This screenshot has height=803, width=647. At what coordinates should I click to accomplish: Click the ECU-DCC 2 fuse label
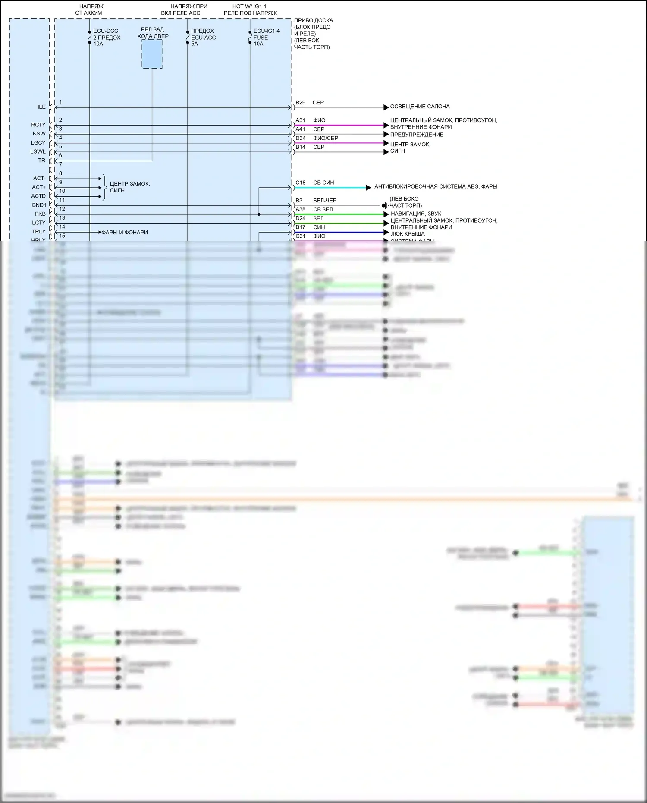pyautogui.click(x=107, y=38)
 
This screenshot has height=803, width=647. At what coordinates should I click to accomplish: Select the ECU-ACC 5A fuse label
pyautogui.click(x=203, y=38)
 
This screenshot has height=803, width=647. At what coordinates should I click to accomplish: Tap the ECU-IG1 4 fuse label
pyautogui.click(x=266, y=38)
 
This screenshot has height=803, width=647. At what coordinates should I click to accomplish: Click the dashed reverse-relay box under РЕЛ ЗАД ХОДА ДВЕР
pyautogui.click(x=152, y=54)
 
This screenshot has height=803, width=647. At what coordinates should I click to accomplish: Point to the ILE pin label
pyautogui.click(x=41, y=107)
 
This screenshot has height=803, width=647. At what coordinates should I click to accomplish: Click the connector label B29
pyautogui.click(x=300, y=103)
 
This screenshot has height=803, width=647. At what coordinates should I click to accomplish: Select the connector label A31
pyautogui.click(x=300, y=120)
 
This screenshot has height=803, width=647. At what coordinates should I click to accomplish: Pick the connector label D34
pyautogui.click(x=300, y=138)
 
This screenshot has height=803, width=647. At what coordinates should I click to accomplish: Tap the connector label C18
pyautogui.click(x=300, y=183)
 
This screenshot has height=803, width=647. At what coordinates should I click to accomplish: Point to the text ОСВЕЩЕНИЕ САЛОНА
pyautogui.click(x=420, y=107)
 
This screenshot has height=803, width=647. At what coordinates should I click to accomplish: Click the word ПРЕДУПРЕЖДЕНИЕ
pyautogui.click(x=417, y=135)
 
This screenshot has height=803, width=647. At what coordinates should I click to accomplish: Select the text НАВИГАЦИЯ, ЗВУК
pyautogui.click(x=416, y=214)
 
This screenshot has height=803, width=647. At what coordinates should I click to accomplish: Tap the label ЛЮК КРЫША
pyautogui.click(x=408, y=234)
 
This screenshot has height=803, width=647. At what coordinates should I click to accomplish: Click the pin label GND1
pyautogui.click(x=39, y=205)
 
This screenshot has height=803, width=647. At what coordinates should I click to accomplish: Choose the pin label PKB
pyautogui.click(x=40, y=214)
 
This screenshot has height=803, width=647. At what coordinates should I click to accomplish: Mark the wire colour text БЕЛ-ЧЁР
pyautogui.click(x=325, y=201)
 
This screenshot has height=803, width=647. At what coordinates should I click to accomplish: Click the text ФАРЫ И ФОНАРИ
pyautogui.click(x=125, y=233)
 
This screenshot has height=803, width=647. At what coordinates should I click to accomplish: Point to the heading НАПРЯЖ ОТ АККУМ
pyautogui.click(x=89, y=10)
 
